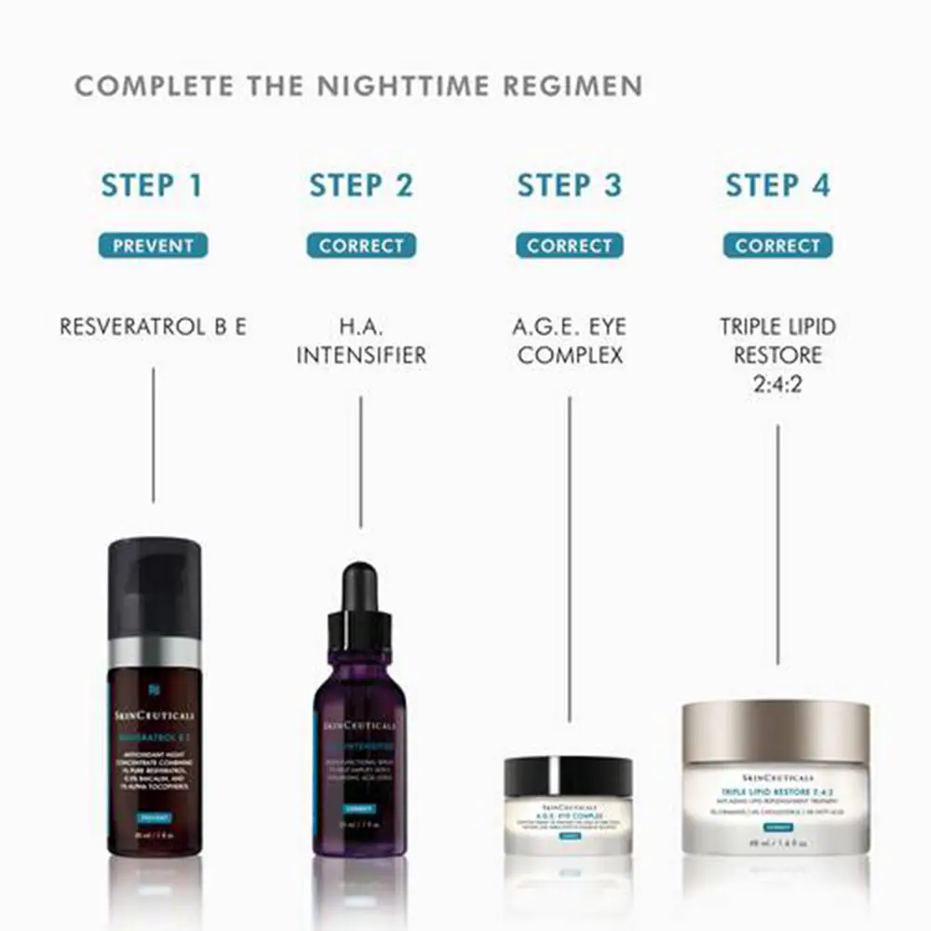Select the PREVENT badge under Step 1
click(153, 246)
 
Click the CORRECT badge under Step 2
click(361, 246)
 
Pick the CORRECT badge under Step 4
click(777, 246)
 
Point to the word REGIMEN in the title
click(573, 87)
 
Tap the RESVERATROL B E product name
click(153, 327)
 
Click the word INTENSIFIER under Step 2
click(361, 355)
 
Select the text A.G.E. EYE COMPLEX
click(569, 341)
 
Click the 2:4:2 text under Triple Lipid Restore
click(777, 383)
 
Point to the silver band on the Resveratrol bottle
click(154, 652)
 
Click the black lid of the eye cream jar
click(568, 776)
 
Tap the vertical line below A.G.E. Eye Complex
click(569, 559)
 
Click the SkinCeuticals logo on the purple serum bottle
click(359, 725)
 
